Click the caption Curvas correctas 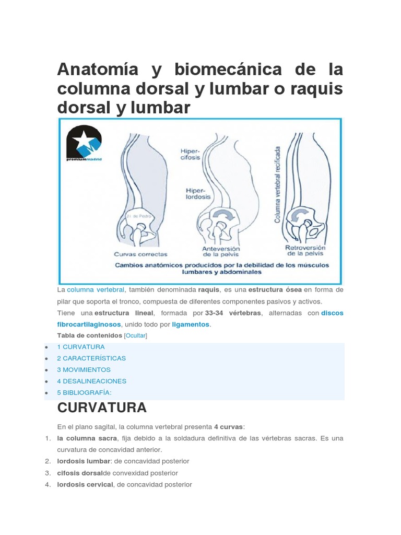141,254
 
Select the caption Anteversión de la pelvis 220,251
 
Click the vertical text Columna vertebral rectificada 277,178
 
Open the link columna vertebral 96,289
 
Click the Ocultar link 136,336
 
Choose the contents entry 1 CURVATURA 81,347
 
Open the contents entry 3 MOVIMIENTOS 84,370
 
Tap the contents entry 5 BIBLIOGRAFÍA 85,392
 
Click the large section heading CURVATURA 102,408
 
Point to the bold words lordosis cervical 85,484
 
